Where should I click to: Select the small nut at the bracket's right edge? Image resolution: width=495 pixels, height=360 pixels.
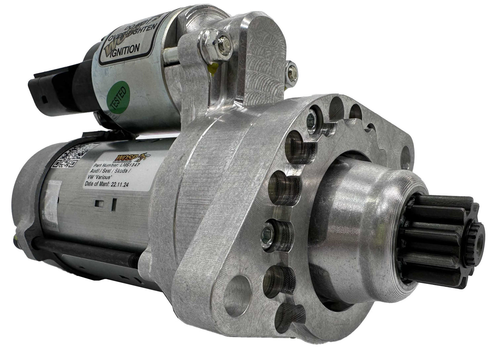point(291,70)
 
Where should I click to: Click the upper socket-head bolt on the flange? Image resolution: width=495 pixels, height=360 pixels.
point(311,120)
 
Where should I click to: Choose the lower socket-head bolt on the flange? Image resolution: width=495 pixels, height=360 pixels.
point(267,234)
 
